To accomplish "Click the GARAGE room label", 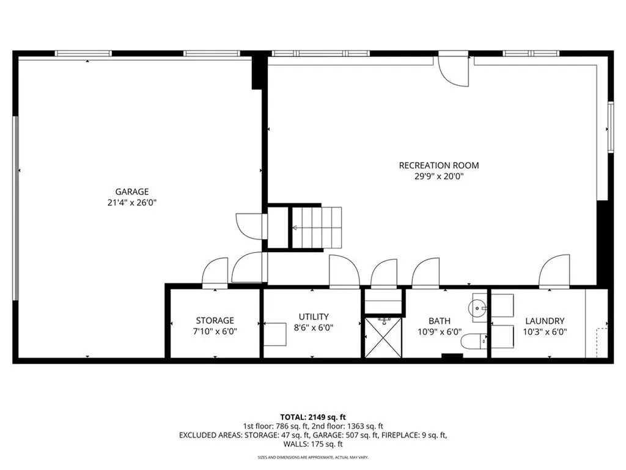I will click(132, 192).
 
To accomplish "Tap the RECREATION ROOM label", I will click(438, 165).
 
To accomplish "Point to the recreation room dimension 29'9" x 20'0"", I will click(438, 176).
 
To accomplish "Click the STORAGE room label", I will click(215, 320).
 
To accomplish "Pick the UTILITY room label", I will click(314, 316).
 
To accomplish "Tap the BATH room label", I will click(439, 320).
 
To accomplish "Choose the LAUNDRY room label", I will click(545, 320).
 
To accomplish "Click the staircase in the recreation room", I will click(315, 228).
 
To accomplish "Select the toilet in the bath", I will click(474, 341).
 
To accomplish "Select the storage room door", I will click(215, 273).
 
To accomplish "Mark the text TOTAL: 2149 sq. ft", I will click(312, 416).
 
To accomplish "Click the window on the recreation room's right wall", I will click(609, 126).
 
